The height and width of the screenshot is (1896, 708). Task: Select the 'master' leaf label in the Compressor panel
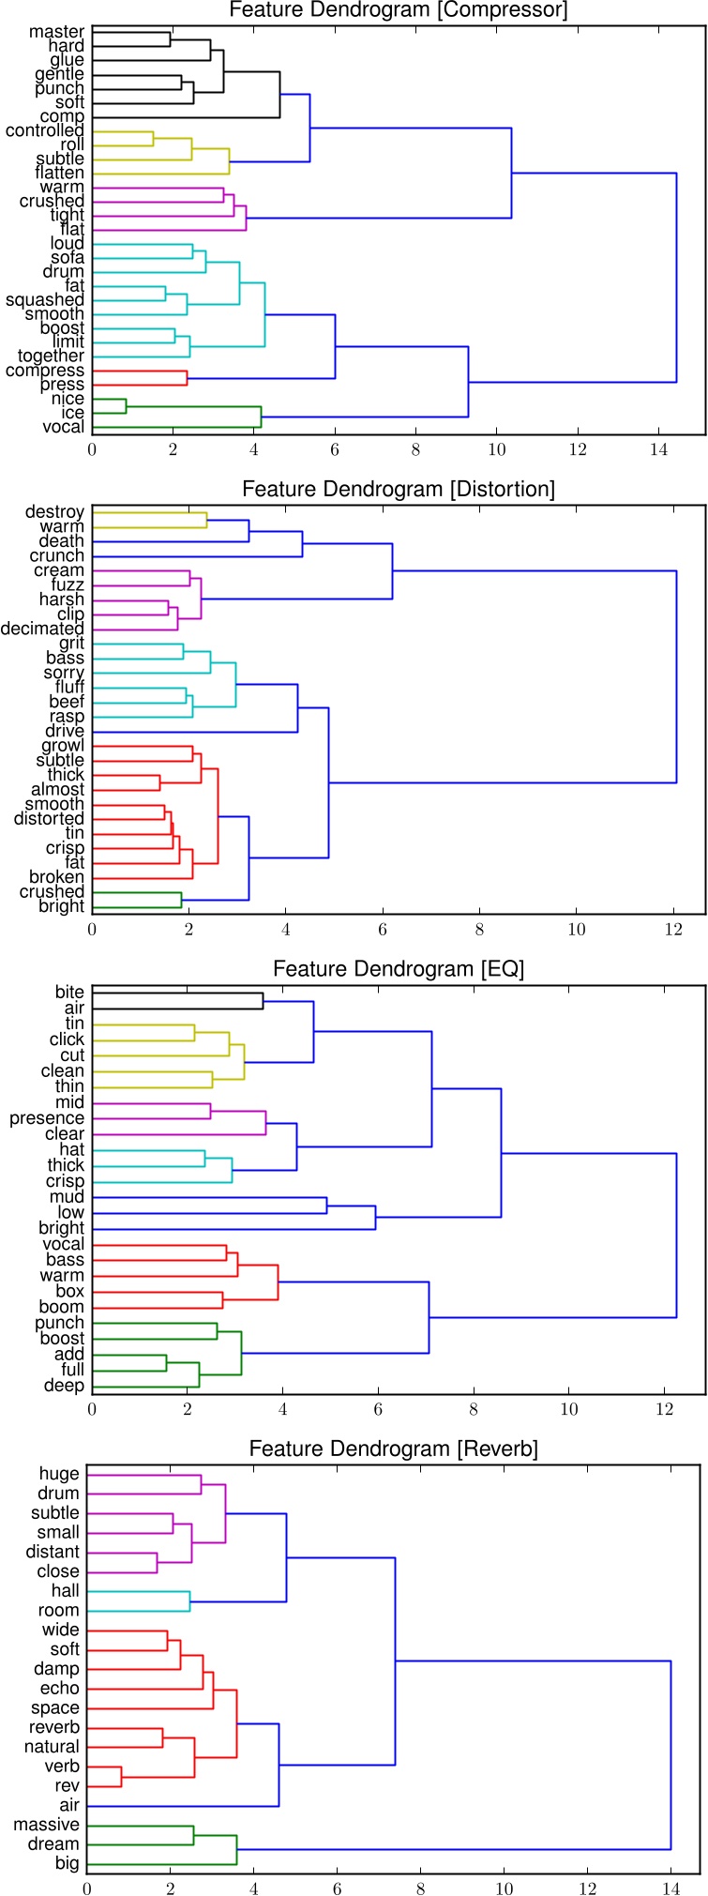[56, 32]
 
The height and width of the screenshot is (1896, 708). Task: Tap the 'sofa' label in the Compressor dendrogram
[68, 258]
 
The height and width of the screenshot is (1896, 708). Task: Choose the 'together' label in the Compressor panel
[51, 356]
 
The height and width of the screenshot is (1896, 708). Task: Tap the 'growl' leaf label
[63, 746]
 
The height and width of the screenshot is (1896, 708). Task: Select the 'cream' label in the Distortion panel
[59, 570]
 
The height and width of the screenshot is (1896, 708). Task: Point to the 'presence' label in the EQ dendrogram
[47, 1118]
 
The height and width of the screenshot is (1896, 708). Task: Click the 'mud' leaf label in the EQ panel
[67, 1197]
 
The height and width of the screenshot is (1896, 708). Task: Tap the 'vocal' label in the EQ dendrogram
[64, 1244]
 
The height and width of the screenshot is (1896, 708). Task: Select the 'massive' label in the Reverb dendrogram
[46, 1825]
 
